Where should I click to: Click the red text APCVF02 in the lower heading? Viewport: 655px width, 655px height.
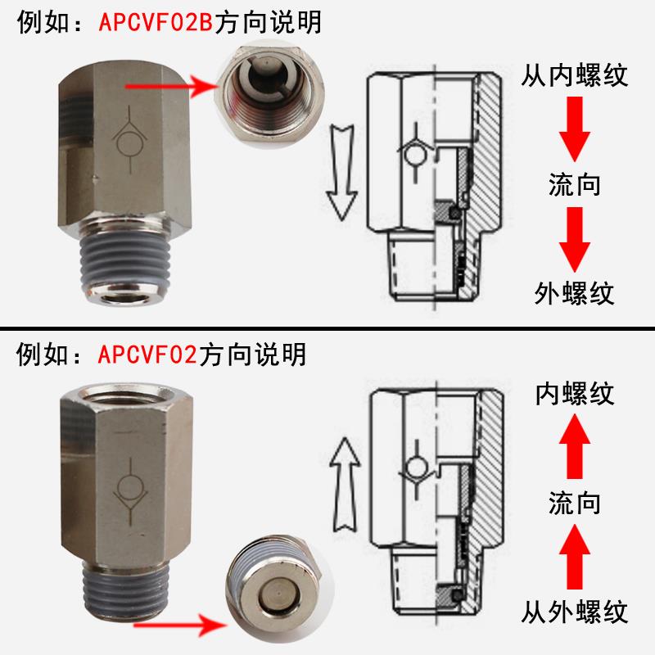146,355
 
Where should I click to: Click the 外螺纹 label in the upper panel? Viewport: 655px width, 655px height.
574,292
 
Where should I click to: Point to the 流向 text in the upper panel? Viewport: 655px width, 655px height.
574,184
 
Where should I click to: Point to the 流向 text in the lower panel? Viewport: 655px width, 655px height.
574,501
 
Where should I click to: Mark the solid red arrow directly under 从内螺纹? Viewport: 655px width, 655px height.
574,129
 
